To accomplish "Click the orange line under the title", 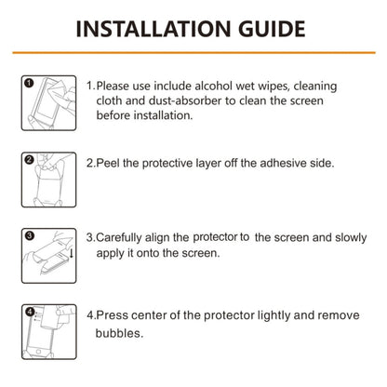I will [193, 53].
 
